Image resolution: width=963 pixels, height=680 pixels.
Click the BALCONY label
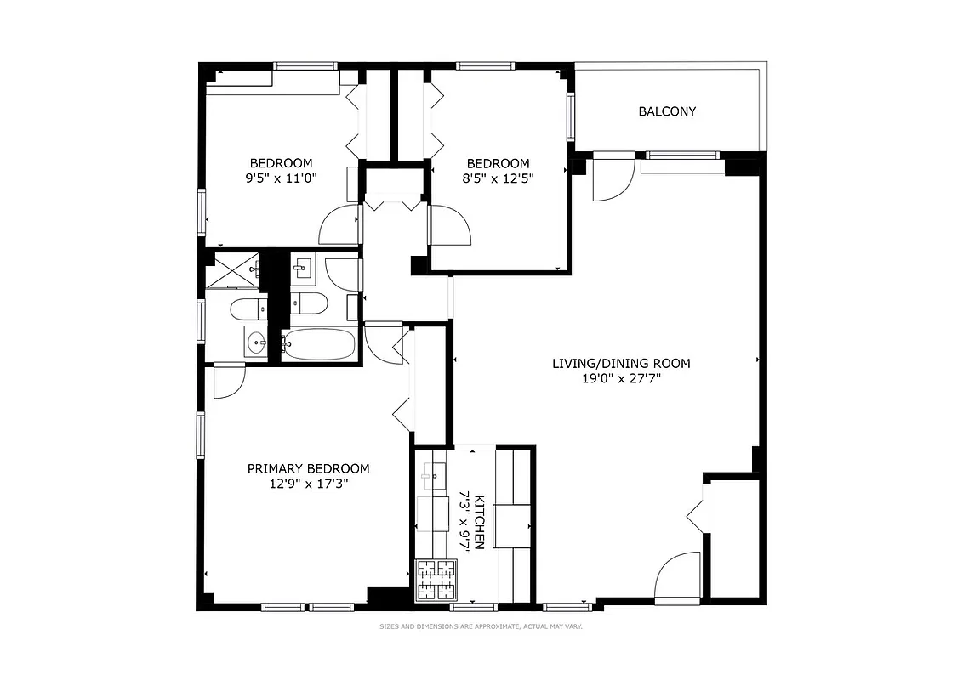coord(667,111)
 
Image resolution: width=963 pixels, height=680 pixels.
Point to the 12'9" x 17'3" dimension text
coord(308,484)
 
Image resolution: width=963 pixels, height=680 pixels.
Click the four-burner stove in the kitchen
coord(435,581)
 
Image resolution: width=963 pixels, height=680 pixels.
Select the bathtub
coord(317,346)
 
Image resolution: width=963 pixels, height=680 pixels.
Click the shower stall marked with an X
coord(233,270)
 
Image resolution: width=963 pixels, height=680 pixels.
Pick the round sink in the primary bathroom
coord(255,343)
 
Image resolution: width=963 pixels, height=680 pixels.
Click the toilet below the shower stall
coord(248,308)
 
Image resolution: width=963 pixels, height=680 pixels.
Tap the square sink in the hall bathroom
coord(302,270)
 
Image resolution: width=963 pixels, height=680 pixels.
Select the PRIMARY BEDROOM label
coord(308,468)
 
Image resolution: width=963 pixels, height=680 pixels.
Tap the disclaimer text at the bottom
coord(481,626)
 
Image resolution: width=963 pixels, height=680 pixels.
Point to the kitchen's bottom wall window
coord(473,607)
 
